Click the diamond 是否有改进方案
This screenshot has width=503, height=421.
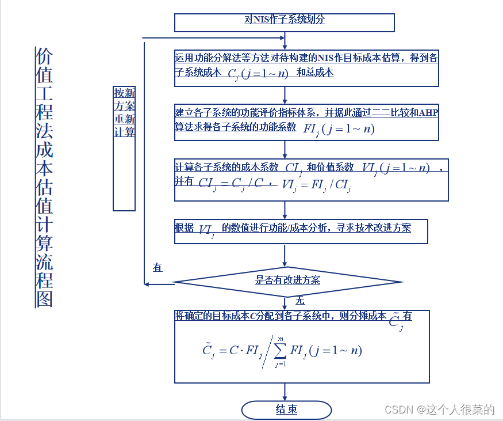(287, 282)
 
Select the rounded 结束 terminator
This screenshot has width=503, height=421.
(286, 410)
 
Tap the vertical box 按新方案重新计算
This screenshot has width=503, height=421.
(124, 148)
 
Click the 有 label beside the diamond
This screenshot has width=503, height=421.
(158, 268)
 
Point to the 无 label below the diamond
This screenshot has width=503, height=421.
(300, 301)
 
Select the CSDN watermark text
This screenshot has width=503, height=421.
(439, 409)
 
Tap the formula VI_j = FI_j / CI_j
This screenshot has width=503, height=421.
(317, 184)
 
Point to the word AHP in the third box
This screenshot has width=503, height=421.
(428, 112)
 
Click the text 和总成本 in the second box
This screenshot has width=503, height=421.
(314, 73)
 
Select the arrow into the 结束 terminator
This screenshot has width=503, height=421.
(285, 393)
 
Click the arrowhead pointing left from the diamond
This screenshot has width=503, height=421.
(148, 283)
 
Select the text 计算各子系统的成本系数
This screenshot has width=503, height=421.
(226, 167)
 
